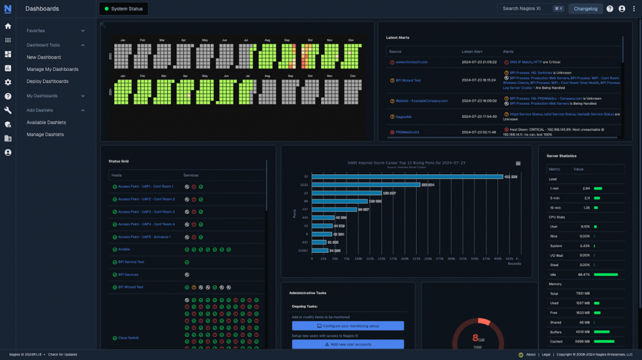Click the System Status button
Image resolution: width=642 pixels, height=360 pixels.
124,9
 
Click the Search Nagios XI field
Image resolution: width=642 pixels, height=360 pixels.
527,9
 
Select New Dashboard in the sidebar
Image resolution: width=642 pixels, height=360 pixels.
44,57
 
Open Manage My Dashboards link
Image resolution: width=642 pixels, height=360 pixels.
53,69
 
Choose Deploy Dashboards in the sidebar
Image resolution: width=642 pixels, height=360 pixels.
48,81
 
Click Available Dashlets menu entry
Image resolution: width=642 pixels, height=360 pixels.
46,122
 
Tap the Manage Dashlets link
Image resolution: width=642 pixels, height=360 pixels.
45,134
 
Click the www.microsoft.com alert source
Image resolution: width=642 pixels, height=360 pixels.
411,62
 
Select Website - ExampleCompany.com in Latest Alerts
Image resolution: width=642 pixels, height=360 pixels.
421,100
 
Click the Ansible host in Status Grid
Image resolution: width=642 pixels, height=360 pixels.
124,249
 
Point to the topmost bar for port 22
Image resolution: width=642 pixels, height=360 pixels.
408,177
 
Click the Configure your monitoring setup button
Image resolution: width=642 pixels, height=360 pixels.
348,326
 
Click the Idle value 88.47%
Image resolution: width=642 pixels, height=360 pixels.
583,274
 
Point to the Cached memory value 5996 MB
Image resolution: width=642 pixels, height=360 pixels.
582,341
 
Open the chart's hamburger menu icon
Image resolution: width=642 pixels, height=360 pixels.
518,163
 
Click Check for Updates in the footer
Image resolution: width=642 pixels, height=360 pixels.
63,354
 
